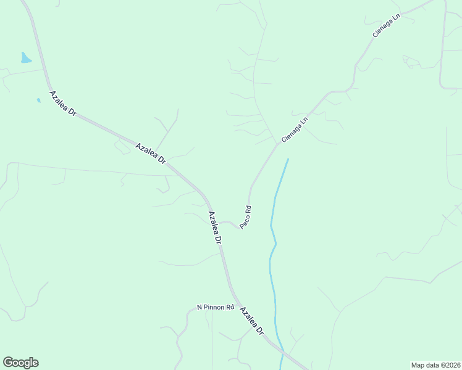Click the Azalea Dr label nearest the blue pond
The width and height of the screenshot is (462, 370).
[62, 104]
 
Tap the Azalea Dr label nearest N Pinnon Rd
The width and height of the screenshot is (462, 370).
[251, 321]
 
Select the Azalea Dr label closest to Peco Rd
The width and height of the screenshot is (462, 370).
[214, 228]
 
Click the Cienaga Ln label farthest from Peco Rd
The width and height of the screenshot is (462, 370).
[387, 25]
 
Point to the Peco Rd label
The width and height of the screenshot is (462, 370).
[245, 217]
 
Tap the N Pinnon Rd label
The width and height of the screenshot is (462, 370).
[216, 307]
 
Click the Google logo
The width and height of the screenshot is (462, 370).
[20, 363]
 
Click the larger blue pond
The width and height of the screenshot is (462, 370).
[25, 58]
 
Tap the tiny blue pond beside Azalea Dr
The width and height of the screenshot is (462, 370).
[38, 100]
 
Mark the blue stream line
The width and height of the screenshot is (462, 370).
[272, 247]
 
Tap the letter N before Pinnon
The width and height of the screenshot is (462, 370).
[199, 307]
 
